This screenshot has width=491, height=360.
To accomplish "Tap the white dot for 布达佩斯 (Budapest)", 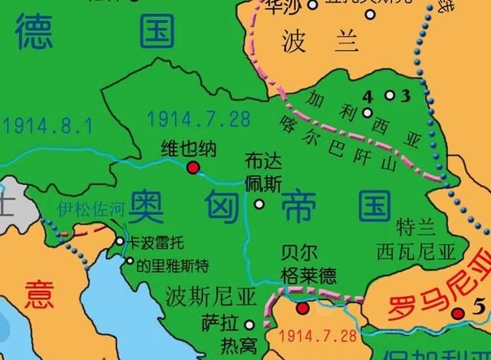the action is tap(259, 204).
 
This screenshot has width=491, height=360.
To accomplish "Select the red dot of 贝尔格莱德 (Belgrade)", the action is tap(303, 309).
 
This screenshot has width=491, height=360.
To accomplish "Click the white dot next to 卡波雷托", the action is tap(120, 241).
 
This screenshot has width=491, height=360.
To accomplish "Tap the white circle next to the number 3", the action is tap(390, 95).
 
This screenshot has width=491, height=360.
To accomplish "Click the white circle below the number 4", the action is tap(368, 113).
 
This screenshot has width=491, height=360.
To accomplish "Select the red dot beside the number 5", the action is tap(458, 312).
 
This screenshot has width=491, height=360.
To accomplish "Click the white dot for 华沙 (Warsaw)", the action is tap(312, 5).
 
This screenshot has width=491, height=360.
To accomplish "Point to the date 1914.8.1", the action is tap(36, 124).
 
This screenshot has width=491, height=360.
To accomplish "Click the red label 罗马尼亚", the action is tap(430, 288).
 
